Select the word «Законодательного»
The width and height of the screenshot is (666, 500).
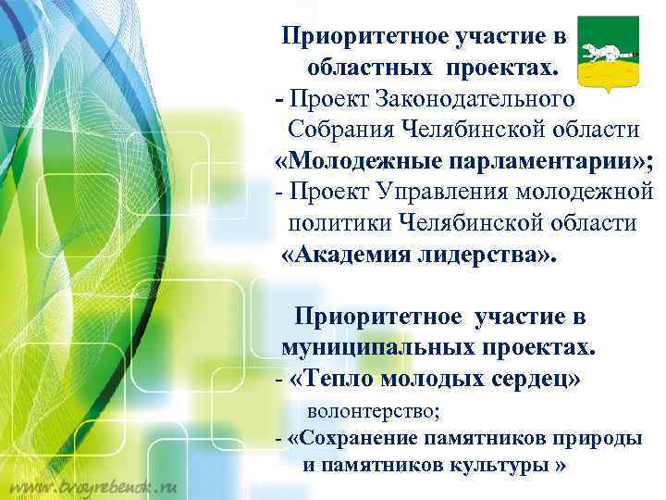(x=481, y=97)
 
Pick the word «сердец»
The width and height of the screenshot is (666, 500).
(x=534, y=379)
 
